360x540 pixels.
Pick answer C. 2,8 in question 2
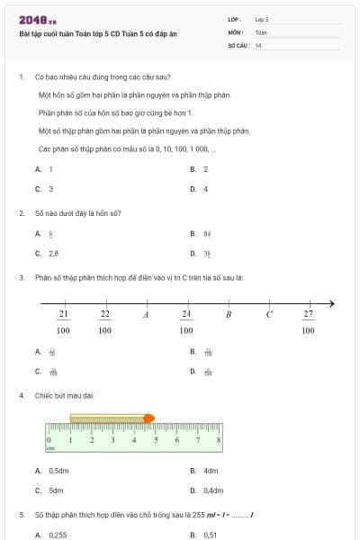[x=48, y=254]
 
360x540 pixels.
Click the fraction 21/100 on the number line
[x=63, y=321]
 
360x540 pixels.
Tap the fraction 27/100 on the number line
[x=308, y=321]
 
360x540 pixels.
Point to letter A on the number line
[x=146, y=314]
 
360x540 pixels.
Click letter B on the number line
[x=228, y=314]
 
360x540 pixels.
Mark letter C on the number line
[x=268, y=314]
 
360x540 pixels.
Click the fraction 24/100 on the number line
[x=186, y=321]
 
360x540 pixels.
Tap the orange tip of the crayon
[x=148, y=418]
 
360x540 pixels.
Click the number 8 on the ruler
[x=219, y=439]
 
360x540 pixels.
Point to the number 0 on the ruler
[x=48, y=439]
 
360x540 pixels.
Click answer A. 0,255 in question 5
[x=51, y=535]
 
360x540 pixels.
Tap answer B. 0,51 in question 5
[x=204, y=535]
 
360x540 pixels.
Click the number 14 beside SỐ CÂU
[x=258, y=45]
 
